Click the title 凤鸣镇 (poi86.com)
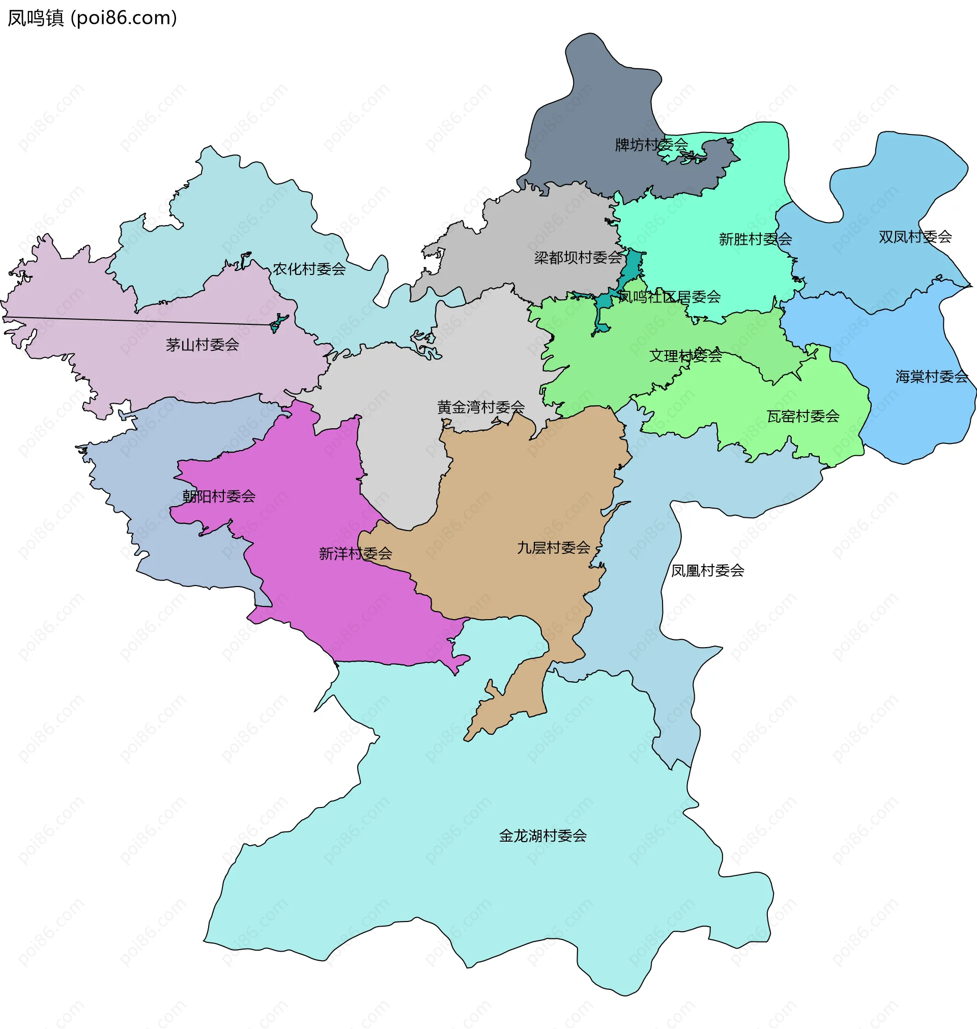92,18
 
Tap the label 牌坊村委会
651,144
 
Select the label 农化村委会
309,269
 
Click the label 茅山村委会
202,344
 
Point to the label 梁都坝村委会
578,258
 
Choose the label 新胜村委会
755,239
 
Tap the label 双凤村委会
915,237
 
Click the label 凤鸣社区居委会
669,297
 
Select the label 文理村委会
685,356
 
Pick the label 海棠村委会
932,376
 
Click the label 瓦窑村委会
803,416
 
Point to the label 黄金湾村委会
481,407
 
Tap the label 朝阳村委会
219,496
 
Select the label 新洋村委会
355,553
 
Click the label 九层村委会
553,547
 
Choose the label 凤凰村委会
707,571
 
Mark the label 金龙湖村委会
542,836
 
